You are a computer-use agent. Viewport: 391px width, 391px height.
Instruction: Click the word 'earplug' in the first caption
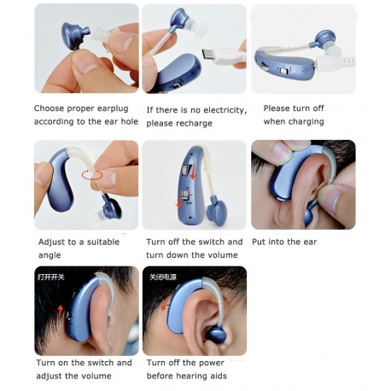coord(113,108)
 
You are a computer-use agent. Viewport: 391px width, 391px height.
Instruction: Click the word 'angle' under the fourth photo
coord(50,255)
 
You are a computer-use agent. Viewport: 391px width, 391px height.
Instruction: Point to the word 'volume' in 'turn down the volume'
coord(223,254)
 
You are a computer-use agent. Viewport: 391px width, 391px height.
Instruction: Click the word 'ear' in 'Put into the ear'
coord(310,242)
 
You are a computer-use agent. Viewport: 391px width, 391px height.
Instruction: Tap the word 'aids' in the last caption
coord(219,376)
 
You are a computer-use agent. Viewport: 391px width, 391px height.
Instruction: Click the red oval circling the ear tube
coord(92,175)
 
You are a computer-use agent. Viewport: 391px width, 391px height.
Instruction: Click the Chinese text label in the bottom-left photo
coord(51,277)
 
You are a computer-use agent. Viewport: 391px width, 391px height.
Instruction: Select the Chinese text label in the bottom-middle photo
coord(163,277)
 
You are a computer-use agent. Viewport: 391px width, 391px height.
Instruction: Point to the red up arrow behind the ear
coord(60,312)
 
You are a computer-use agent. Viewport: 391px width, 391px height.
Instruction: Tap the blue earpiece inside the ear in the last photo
coord(216,335)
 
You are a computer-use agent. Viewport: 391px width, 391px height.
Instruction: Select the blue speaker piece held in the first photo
coord(75,35)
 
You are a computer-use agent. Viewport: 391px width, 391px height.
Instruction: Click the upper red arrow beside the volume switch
coord(193,172)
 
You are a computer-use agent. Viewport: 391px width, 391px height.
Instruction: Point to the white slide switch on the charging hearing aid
coord(283,70)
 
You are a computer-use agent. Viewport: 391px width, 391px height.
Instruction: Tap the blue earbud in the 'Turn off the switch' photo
coord(217,212)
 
